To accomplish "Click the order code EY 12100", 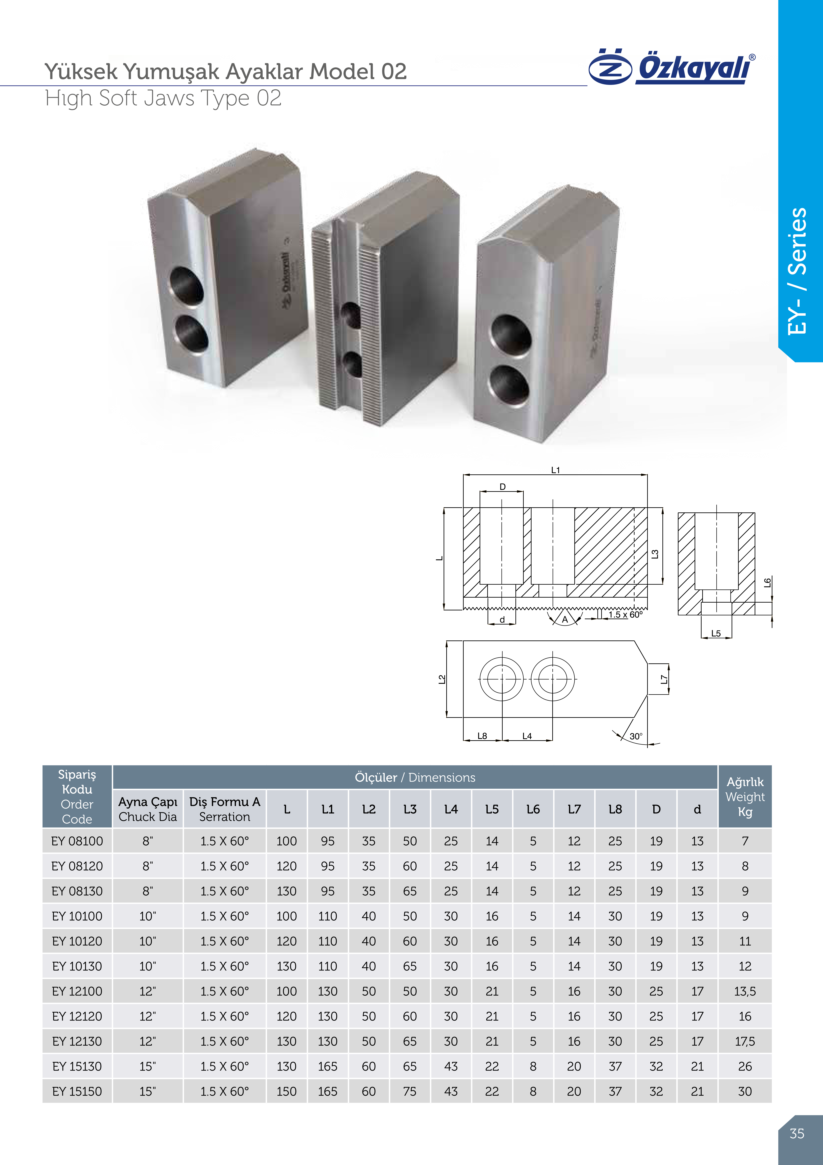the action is [77, 991].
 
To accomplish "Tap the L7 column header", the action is [574, 809].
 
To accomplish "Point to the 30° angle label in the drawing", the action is [636, 736].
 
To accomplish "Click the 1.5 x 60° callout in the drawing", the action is [625, 615].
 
